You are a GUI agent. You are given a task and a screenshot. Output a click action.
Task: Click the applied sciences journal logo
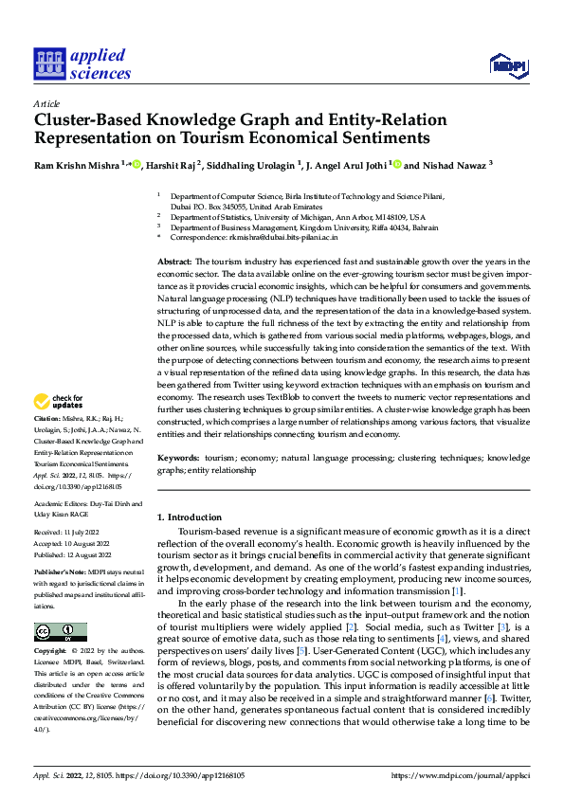[82, 63]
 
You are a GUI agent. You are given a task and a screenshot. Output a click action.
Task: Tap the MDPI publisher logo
[507, 63]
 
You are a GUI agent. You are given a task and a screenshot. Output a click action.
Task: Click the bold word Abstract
[173, 261]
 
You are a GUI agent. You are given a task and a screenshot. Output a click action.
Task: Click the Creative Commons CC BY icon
[60, 632]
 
